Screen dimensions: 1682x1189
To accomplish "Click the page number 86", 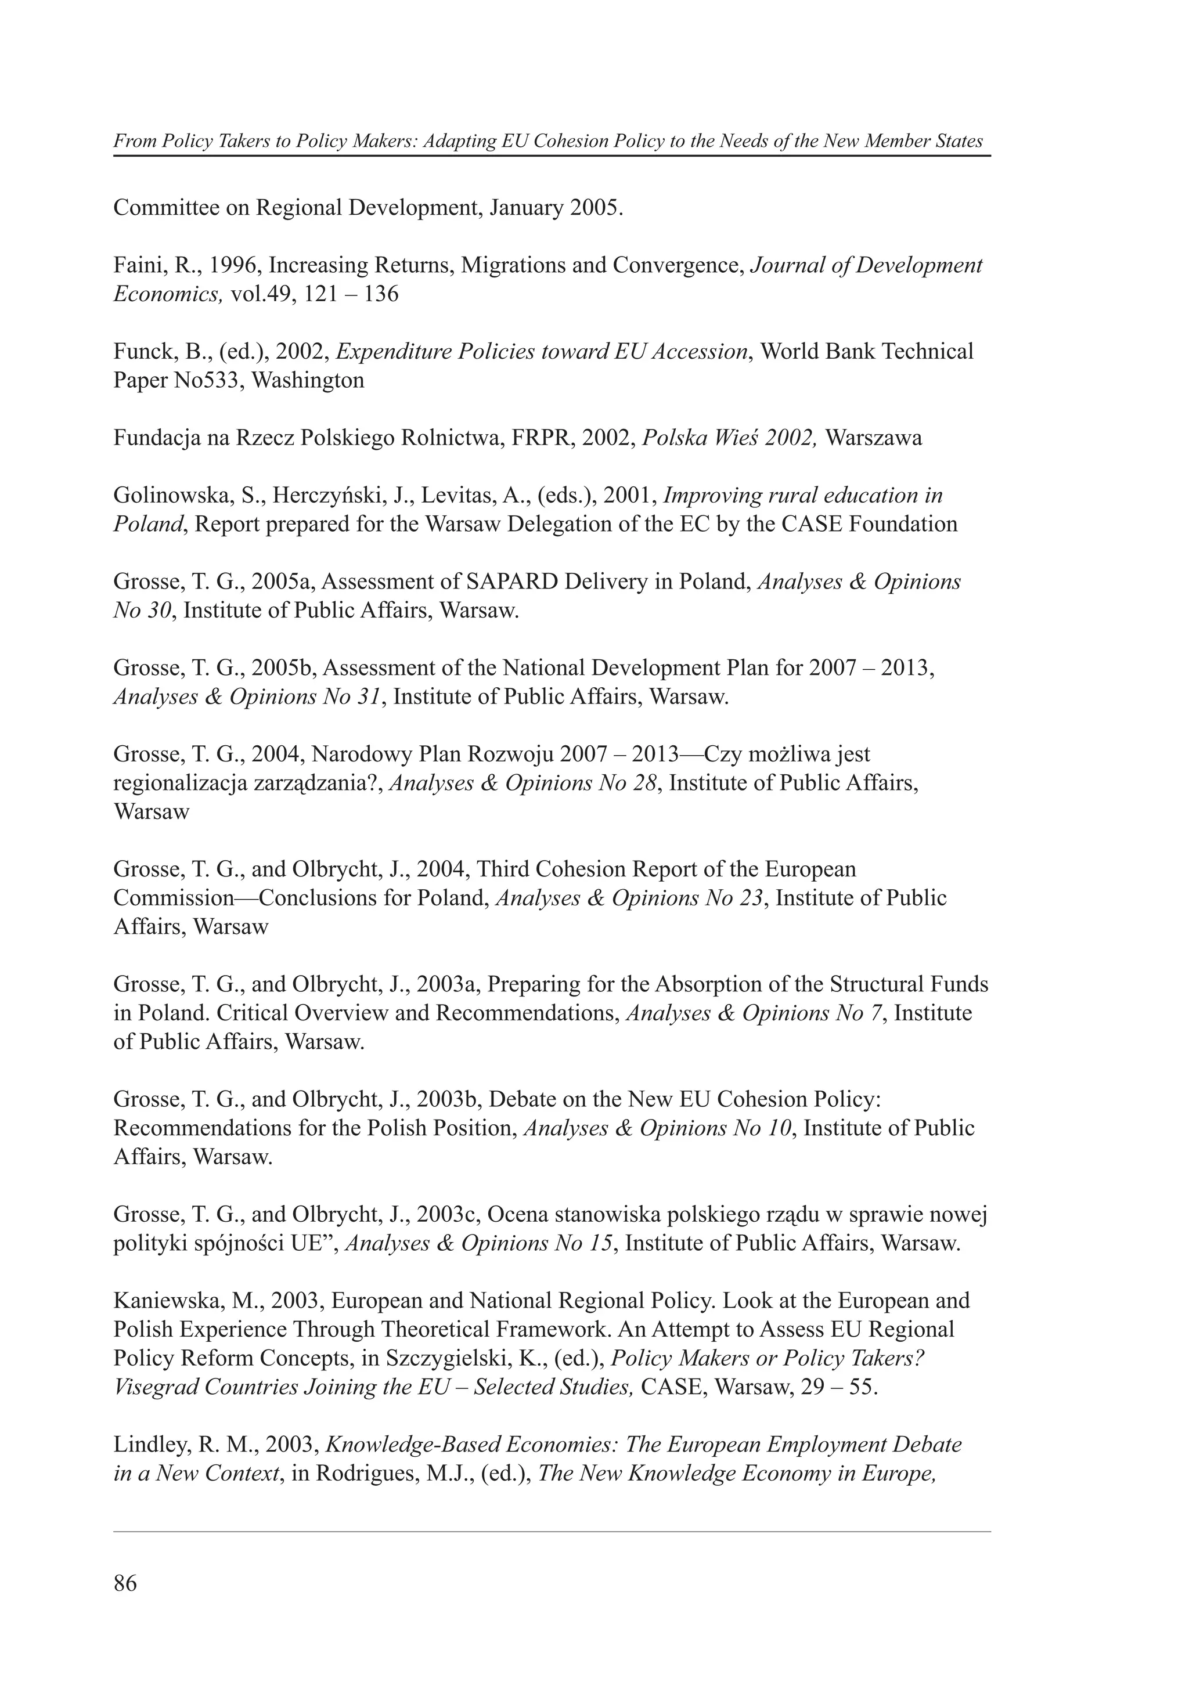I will (x=125, y=1583).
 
